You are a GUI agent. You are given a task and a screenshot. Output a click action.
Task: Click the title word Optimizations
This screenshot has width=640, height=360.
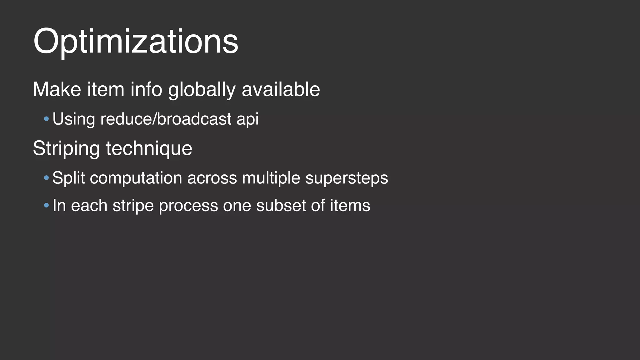point(136,42)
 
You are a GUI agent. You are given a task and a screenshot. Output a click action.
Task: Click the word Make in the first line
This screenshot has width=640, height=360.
point(57,90)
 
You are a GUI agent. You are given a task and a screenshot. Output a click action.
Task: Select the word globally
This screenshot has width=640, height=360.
point(202,90)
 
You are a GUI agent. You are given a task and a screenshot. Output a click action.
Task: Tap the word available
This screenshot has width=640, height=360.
point(281,90)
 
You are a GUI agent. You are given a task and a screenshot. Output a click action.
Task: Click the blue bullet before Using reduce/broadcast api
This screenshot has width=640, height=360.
point(47,119)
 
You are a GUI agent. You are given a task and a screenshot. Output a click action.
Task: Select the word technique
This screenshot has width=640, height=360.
point(149,148)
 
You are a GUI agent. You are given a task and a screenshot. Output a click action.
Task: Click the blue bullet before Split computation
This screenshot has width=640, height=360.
point(47,178)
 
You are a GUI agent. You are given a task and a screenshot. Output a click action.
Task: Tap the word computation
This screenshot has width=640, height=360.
point(136,178)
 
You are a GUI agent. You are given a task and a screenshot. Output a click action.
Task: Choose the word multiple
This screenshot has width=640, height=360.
point(271,178)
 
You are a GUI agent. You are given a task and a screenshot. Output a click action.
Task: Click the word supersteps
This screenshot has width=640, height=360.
point(347,178)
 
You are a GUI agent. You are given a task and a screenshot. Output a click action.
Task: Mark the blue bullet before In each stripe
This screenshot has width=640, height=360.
point(47,206)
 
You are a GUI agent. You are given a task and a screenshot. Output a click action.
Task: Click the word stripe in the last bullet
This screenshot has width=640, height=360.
point(133,206)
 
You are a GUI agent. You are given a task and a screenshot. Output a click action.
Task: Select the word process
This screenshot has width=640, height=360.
point(188,206)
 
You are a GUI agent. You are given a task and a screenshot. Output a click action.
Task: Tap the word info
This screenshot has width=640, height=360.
point(146,90)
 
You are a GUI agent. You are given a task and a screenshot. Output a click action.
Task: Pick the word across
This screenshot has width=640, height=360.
point(212,178)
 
